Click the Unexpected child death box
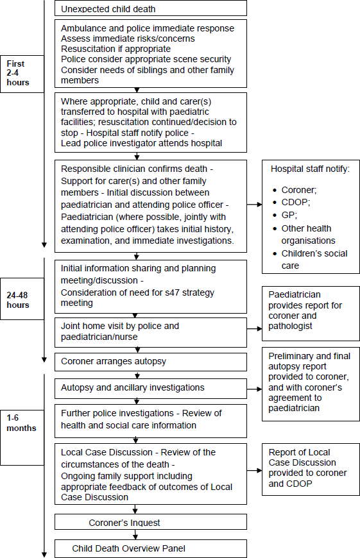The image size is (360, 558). tap(151, 9)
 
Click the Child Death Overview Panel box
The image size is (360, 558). tap(151, 548)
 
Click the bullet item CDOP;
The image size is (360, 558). tap(296, 203)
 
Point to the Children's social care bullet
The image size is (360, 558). tap(314, 259)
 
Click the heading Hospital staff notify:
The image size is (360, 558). tap(310, 169)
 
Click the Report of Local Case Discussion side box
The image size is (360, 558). tap(311, 468)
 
